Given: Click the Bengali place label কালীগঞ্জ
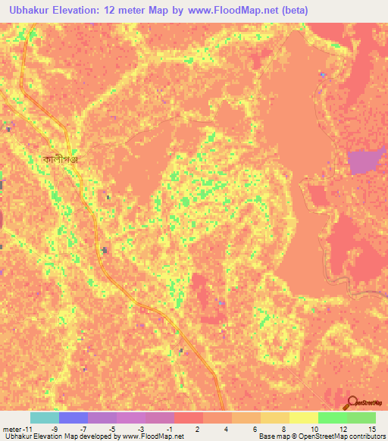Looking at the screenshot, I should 61,159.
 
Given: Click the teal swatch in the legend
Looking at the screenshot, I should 44,418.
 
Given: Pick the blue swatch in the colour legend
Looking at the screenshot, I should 73,418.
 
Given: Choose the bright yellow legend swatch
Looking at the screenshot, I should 303,418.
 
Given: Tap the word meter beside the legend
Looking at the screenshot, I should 13,428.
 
